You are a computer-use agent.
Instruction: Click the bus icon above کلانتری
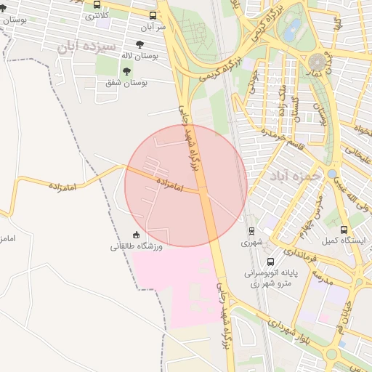coord(97,5)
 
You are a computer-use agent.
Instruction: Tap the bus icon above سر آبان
coord(153,16)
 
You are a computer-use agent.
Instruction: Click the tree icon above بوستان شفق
coord(126,71)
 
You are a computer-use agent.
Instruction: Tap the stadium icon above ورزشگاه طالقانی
coord(136,235)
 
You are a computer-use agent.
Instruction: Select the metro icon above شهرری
coord(251,230)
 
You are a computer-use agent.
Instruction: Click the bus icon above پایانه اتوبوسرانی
coord(271,262)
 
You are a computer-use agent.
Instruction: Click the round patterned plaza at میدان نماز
coord(318,61)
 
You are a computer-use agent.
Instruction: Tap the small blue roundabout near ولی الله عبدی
coord(331,174)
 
